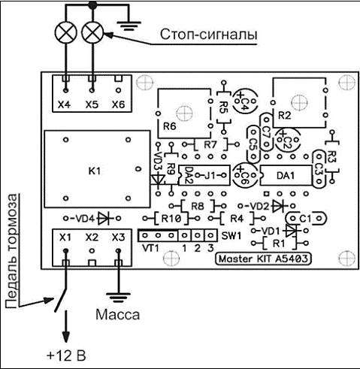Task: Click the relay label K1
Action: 95,171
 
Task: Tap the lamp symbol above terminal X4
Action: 66,32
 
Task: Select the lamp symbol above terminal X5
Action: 92,32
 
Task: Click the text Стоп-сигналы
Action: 208,35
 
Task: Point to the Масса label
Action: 117,314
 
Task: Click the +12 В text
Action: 66,355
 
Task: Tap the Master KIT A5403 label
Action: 263,259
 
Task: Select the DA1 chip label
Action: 286,176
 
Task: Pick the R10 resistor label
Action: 171,219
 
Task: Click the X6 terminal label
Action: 118,104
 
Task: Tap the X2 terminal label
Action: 92,237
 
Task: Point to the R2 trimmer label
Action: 285,116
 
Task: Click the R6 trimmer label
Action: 170,126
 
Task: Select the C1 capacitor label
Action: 305,219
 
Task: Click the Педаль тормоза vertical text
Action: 13,251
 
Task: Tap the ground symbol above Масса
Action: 118,298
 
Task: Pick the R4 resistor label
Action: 237,219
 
